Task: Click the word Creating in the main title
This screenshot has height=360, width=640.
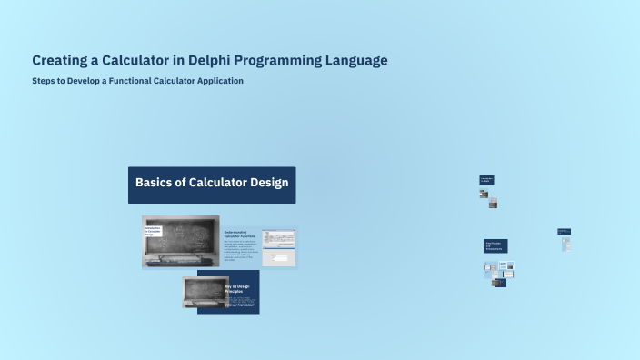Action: [x=61, y=61]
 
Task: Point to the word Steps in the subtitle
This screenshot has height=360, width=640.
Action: [x=43, y=81]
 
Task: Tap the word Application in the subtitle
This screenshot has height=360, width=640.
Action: [x=215, y=81]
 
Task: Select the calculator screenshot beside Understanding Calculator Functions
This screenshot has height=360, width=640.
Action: [x=278, y=247]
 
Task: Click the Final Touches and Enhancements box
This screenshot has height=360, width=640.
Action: [x=495, y=245]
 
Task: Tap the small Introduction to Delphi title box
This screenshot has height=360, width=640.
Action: [x=486, y=180]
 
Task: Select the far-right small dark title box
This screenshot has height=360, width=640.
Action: [x=564, y=232]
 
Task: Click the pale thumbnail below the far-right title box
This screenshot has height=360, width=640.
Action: [x=565, y=245]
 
